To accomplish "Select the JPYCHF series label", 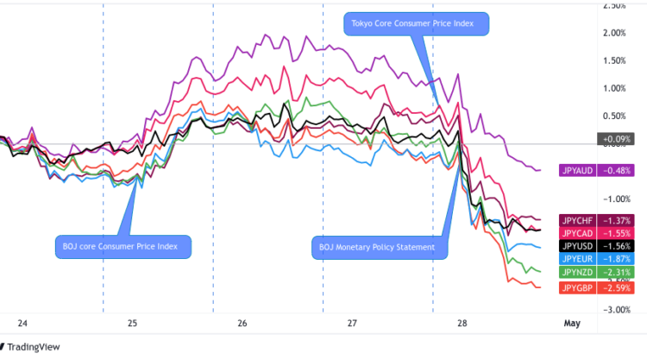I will (576, 221).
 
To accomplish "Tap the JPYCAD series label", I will (576, 234).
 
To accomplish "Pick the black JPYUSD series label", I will (576, 246).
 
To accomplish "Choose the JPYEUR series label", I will (576, 259).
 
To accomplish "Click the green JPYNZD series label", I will (576, 272).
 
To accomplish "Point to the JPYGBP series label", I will (576, 287).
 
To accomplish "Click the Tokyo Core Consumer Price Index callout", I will (417, 23).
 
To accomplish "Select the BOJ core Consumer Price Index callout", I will (121, 246).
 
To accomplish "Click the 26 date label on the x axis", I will (242, 324).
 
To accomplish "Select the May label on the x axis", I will (571, 324).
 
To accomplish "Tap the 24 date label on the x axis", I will (22, 324).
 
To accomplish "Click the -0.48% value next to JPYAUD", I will (614, 169).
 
